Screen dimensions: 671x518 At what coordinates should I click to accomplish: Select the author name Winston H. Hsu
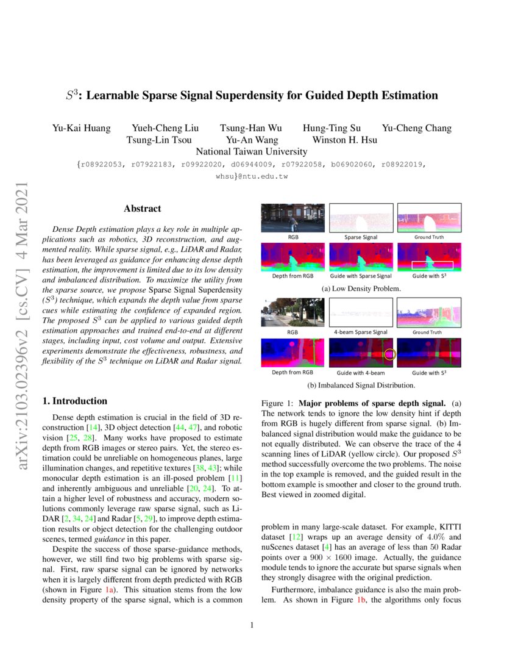coord(344,140)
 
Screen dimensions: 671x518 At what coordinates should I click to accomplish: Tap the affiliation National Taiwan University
coord(251,151)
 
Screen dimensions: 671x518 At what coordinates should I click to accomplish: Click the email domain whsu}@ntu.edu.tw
coord(251,176)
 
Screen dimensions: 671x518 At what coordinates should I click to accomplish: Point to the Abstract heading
coord(142,209)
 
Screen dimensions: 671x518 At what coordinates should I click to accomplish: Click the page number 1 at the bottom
coord(252,625)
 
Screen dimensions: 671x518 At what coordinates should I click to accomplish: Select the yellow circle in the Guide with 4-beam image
coord(389,354)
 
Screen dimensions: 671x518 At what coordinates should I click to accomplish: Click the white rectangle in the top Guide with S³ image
coord(431,265)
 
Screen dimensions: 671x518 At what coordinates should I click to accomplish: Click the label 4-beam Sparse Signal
coord(361,332)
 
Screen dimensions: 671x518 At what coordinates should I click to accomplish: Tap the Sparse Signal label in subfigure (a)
coord(361,237)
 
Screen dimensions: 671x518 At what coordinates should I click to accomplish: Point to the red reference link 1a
coord(110,591)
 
